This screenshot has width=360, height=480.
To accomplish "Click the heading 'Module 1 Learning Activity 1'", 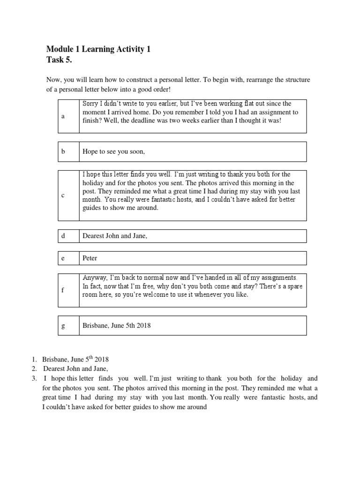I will coord(98,49).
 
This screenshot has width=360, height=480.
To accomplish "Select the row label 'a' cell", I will coord(63,116).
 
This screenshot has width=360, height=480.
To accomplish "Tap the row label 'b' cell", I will coord(63,151).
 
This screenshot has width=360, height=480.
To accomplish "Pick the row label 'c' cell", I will coord(63,195).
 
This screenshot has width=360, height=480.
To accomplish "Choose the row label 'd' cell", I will coord(63,236).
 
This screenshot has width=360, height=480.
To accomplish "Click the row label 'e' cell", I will coord(63,258).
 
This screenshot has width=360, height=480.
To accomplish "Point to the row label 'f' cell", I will coord(63,290).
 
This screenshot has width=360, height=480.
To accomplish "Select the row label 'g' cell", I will coord(63,326).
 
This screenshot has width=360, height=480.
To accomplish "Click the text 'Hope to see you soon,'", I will coord(114,151).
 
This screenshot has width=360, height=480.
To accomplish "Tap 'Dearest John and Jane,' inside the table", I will coord(115,236).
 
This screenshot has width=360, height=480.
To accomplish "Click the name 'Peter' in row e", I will coord(90,258).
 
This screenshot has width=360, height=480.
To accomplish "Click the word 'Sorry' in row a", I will coord(90,104).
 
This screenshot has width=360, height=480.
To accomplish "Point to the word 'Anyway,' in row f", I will coord(95,277).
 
